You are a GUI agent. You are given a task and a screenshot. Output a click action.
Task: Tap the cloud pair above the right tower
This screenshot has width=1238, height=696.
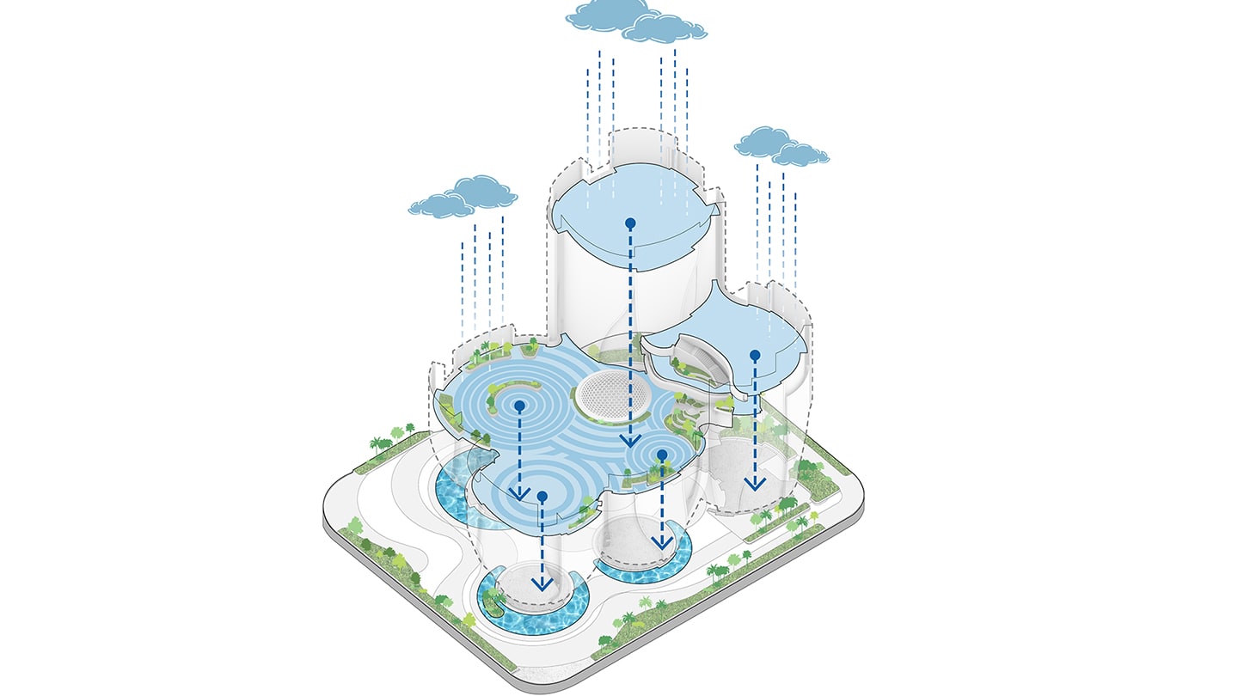pyautogui.click(x=781, y=146)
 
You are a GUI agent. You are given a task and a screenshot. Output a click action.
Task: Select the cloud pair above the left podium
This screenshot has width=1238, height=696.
pyautogui.click(x=464, y=197)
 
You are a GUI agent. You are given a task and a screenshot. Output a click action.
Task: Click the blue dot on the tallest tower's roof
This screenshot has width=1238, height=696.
pyautogui.click(x=630, y=223)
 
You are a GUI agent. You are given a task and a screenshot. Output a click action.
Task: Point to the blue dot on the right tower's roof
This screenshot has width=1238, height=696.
pyautogui.click(x=755, y=354)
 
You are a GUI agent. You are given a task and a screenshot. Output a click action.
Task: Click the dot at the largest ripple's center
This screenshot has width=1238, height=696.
pyautogui.click(x=519, y=405)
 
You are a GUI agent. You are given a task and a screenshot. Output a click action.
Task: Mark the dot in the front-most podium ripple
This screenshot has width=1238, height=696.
pyautogui.click(x=542, y=496)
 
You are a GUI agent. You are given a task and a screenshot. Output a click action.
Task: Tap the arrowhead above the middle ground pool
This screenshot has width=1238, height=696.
pyautogui.click(x=660, y=541)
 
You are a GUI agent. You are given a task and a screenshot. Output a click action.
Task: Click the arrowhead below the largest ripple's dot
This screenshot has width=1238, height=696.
pyautogui.click(x=518, y=492)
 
